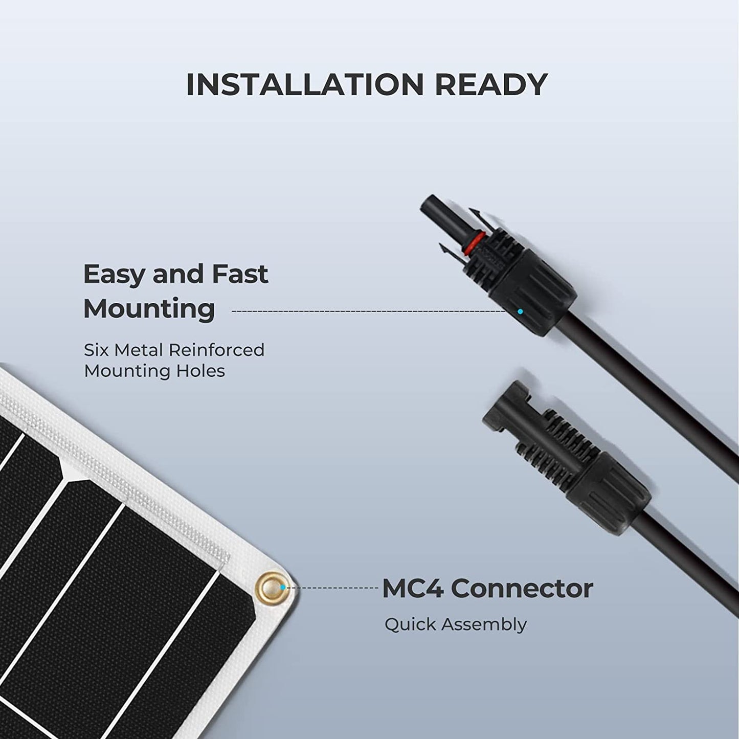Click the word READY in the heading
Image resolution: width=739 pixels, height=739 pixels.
(491, 85)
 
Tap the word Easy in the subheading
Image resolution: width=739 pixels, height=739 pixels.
(114, 275)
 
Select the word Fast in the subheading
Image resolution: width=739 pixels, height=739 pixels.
(239, 274)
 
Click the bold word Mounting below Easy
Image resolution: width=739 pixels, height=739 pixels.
(149, 309)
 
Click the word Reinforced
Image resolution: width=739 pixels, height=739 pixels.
(216, 350)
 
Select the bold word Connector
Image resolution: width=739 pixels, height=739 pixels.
(522, 589)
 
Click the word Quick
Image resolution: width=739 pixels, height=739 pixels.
(410, 625)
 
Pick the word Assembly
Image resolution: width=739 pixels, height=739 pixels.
(484, 625)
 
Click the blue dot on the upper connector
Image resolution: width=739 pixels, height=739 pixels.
(520, 311)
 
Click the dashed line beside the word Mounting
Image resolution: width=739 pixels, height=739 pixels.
(368, 311)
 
